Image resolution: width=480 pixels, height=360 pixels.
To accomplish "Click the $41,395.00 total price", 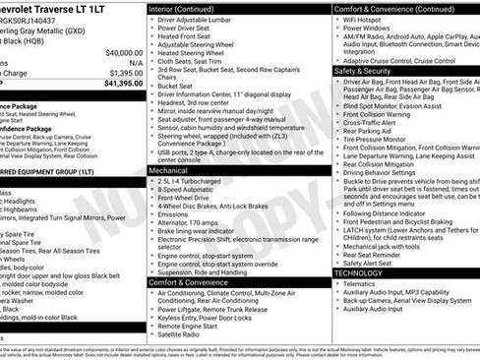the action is coord(115,84).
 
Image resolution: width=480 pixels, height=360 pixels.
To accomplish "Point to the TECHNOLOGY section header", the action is coord(361,272).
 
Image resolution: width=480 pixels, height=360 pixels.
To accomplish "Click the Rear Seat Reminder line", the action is coord(378,254).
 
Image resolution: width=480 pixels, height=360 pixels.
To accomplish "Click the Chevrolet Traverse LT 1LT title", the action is coord(73,8).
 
